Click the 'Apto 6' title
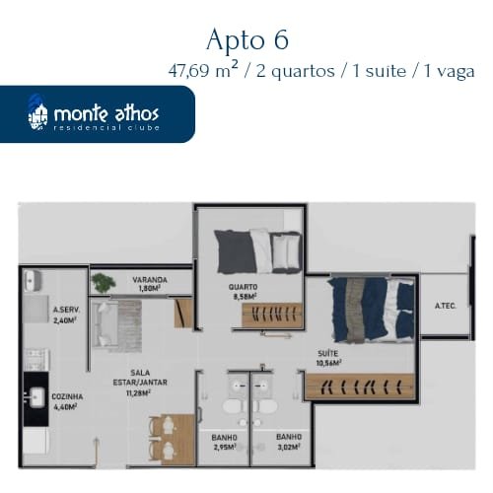pyautogui.click(x=247, y=39)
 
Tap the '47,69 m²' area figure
pyautogui.click(x=203, y=70)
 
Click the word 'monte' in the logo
pyautogui.click(x=81, y=113)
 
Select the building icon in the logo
pyautogui.click(x=37, y=112)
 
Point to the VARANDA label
pyautogui.click(x=150, y=280)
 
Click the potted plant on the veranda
pyautogui.click(x=104, y=283)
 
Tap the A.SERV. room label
pyautogui.click(x=67, y=310)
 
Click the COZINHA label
pyautogui.click(x=67, y=396)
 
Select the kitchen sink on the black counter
pyautogui.click(x=36, y=397)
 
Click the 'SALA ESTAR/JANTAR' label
pyautogui.click(x=140, y=378)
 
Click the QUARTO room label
pyautogui.click(x=243, y=287)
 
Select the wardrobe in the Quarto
pyautogui.click(x=272, y=316)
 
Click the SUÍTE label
pyautogui.click(x=328, y=353)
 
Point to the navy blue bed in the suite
pyautogui.click(x=372, y=310)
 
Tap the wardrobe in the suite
pyautogui.click(x=360, y=387)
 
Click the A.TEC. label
pyautogui.click(x=446, y=306)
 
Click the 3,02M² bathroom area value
pyautogui.click(x=289, y=447)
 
